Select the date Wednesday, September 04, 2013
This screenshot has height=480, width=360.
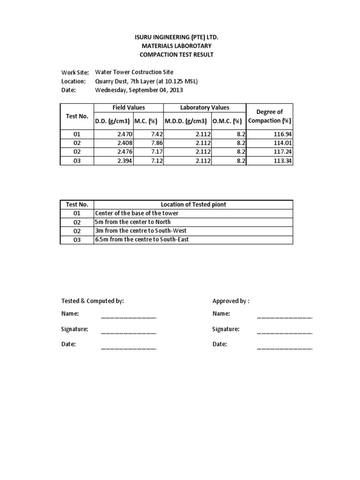point(139,90)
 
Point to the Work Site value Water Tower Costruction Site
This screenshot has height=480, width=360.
point(134,72)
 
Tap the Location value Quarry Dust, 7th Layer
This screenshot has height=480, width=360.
point(146,81)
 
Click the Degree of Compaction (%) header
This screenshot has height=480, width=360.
point(270,116)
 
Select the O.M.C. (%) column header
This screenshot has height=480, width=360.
point(227,121)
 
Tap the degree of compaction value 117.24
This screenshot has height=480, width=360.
point(281,152)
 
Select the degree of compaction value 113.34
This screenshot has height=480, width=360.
point(281,161)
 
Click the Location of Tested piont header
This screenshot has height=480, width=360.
point(193,204)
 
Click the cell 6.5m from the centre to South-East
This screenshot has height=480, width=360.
point(142,240)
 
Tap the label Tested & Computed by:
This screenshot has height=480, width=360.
point(92,301)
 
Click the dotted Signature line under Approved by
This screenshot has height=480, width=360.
point(285,333)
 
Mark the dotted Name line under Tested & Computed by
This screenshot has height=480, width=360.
point(128,317)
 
